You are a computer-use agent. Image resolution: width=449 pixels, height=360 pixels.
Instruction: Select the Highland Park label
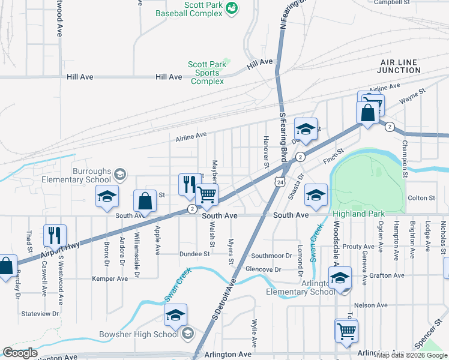(x=359, y=214)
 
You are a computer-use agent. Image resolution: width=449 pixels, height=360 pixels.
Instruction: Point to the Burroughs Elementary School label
(x=91, y=175)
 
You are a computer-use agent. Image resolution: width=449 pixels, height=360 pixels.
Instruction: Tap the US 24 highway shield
(x=280, y=181)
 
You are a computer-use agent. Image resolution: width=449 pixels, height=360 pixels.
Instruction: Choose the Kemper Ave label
(x=109, y=279)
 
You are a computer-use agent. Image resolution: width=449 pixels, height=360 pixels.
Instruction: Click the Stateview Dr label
(x=40, y=313)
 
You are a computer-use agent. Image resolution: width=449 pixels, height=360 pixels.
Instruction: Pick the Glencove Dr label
(x=264, y=269)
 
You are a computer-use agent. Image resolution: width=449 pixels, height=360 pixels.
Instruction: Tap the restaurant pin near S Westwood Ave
(x=55, y=236)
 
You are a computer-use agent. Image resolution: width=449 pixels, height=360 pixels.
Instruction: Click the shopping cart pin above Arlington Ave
(x=346, y=331)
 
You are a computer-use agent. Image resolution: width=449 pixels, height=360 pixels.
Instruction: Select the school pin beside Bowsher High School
(x=175, y=315)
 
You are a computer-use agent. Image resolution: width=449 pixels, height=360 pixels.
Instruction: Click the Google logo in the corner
(x=20, y=353)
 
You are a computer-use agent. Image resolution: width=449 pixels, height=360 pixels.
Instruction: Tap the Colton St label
(x=421, y=198)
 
